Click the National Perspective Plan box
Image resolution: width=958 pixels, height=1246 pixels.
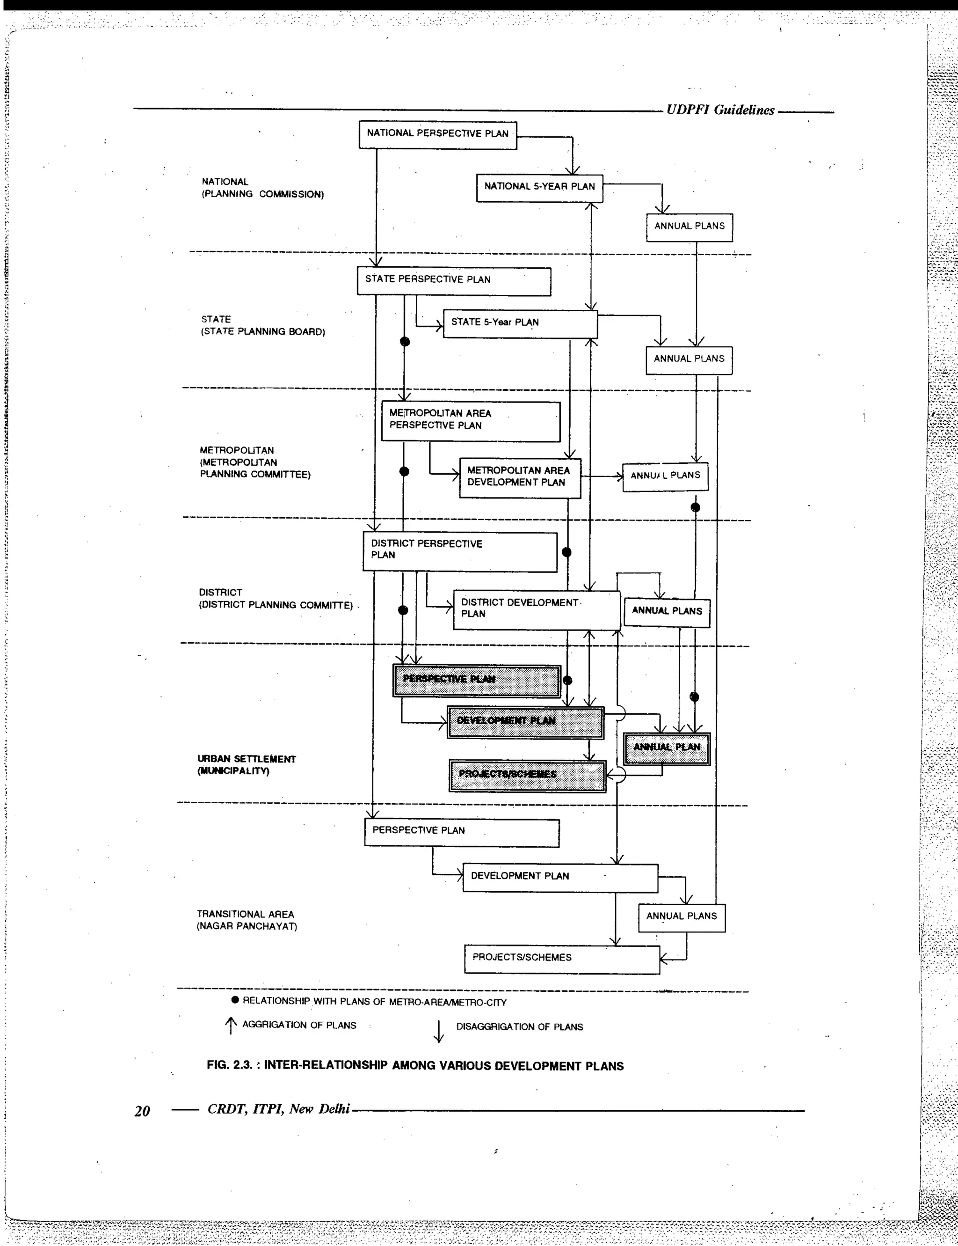tap(437, 135)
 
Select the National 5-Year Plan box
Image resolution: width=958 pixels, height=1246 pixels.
tap(539, 188)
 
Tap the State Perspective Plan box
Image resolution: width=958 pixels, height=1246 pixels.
tap(454, 281)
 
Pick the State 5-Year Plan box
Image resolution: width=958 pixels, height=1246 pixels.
tap(520, 323)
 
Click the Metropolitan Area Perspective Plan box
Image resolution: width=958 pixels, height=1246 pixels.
tap(471, 421)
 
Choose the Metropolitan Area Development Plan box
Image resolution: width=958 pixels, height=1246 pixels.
tap(520, 477)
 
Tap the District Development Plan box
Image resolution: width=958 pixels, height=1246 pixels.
tap(536, 609)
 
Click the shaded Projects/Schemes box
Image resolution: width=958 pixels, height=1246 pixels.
tap(528, 775)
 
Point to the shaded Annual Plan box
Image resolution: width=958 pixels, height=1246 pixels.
tap(667, 748)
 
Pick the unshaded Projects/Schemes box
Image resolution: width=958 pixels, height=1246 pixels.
tap(562, 959)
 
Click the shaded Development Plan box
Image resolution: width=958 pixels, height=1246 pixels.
tap(525, 722)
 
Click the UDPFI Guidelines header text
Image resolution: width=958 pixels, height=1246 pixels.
tap(720, 110)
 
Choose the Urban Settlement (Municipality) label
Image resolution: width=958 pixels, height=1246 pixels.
tap(247, 764)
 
